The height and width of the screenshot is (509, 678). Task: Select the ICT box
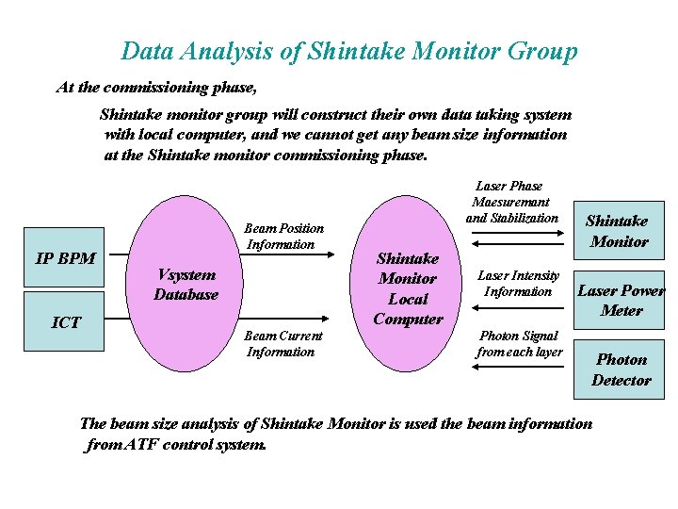click(x=65, y=321)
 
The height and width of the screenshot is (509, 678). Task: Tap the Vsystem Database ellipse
click(x=186, y=284)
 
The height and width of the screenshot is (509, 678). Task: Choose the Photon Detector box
click(x=621, y=369)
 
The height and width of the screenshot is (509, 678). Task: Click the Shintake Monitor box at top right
click(x=617, y=230)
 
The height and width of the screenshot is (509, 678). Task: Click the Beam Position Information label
click(x=282, y=236)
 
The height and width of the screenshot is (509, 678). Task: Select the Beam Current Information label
click(x=282, y=344)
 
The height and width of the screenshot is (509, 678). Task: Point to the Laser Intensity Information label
click(x=518, y=284)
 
